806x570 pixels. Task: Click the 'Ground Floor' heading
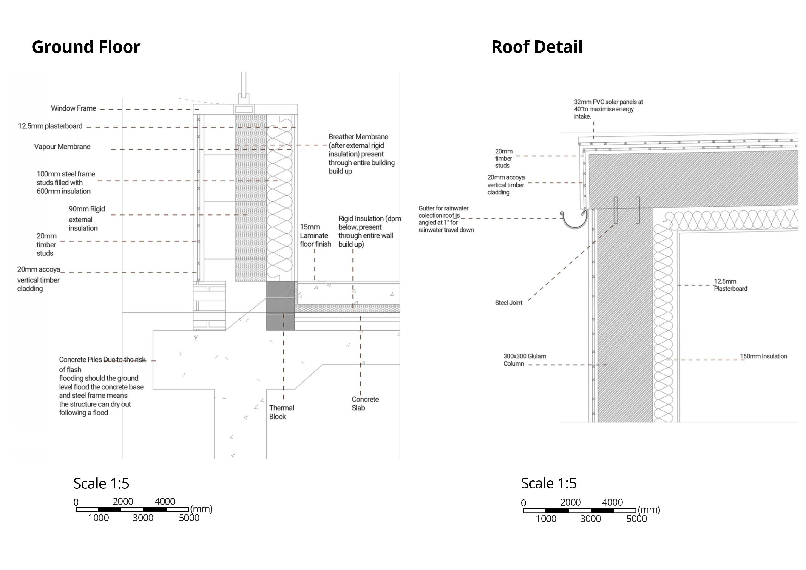(x=86, y=47)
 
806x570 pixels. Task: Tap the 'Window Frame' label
(x=73, y=108)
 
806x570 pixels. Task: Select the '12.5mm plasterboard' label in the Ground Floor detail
(x=50, y=126)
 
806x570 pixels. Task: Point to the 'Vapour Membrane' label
(x=62, y=147)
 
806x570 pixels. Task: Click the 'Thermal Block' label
(x=281, y=412)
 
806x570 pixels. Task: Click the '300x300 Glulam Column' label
(x=525, y=360)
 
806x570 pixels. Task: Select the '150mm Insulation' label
(x=763, y=356)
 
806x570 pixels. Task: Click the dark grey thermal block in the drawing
(x=280, y=305)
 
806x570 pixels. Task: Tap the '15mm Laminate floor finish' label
(x=315, y=235)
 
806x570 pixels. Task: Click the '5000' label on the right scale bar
(x=636, y=519)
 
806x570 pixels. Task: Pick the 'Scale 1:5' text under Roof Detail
(x=548, y=483)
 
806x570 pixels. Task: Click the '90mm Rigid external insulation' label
(x=86, y=218)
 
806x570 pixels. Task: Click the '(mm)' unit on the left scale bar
(x=201, y=509)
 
